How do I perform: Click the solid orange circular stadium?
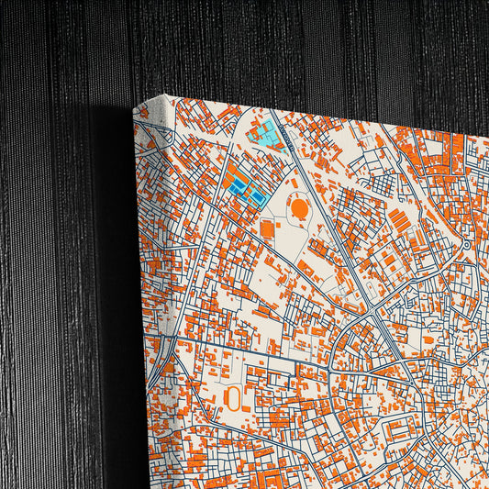click(299, 210)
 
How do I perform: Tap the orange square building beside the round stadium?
click(267, 228)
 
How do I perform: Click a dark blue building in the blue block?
click(240, 187)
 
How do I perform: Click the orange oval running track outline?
click(233, 397)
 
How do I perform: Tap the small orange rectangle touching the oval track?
click(246, 402)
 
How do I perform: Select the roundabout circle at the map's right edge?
click(466, 245)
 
